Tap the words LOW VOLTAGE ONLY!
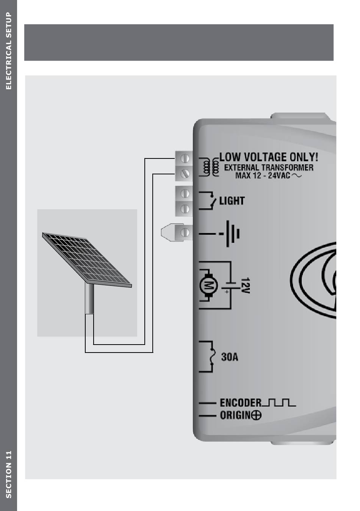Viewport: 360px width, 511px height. (269, 157)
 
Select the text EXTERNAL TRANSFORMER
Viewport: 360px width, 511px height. (269, 168)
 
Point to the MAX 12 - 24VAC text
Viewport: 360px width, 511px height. (263, 176)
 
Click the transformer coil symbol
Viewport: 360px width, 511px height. (211, 166)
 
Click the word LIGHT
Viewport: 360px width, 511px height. (232, 201)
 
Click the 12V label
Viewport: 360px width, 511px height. (245, 285)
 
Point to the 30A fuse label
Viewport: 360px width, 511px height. (230, 357)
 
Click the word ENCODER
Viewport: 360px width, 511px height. (241, 403)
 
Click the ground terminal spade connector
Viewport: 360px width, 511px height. (168, 232)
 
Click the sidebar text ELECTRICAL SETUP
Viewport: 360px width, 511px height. (9, 51)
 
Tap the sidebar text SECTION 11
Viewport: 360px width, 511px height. (9, 474)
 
